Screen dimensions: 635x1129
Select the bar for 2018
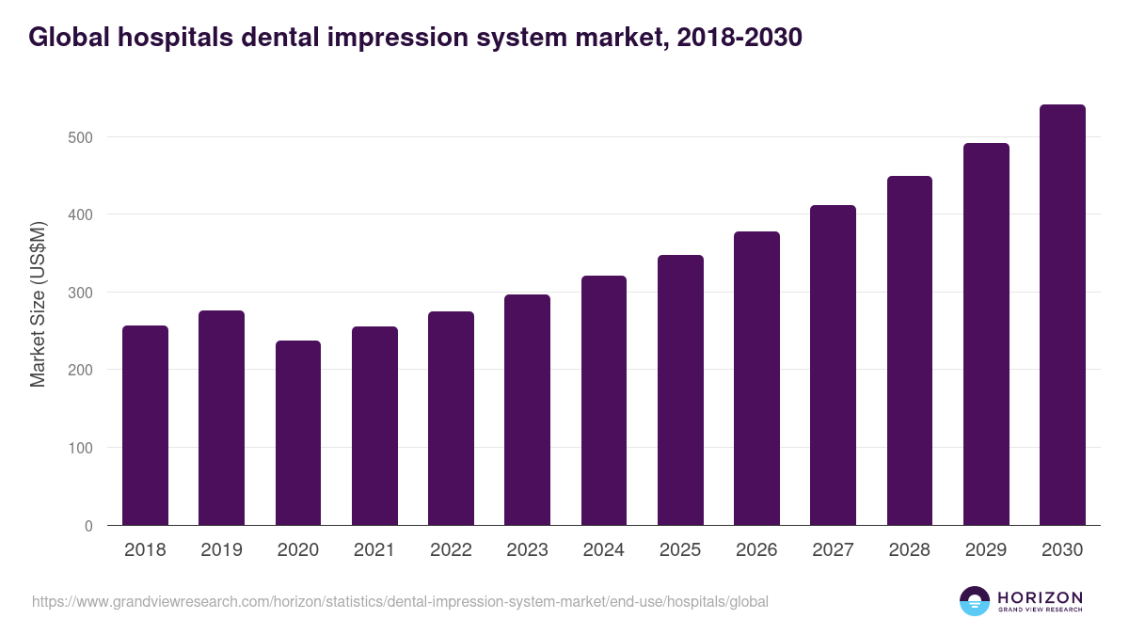click(145, 425)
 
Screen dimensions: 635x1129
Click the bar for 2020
click(298, 433)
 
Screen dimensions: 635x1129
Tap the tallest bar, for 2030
click(1062, 315)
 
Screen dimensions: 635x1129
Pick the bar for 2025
click(680, 390)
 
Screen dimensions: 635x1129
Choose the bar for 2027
click(833, 365)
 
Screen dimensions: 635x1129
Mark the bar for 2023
click(527, 410)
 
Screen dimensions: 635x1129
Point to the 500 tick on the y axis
click(82, 137)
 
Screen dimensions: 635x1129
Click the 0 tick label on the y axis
click(88, 526)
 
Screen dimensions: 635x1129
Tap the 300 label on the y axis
click(82, 293)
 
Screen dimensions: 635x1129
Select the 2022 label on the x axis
click(451, 550)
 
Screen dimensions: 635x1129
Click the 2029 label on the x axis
click(986, 550)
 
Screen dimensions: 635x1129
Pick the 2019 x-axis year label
click(221, 550)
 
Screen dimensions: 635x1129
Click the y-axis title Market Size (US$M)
click(39, 305)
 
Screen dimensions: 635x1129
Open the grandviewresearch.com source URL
click(400, 601)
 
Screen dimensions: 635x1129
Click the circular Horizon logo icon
click(975, 601)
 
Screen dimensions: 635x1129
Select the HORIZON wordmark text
click(1040, 597)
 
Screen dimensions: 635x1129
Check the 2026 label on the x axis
click(756, 550)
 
